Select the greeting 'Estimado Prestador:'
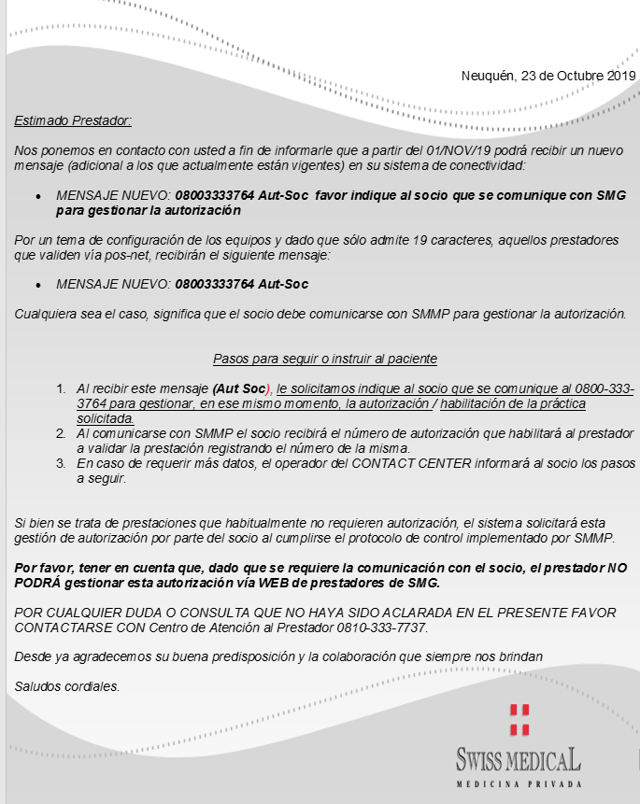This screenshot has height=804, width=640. click(73, 120)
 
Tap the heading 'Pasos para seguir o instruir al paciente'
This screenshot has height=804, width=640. click(325, 359)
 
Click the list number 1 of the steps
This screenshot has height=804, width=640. click(60, 388)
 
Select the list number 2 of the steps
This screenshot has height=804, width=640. click(60, 434)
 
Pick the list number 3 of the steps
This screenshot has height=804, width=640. click(60, 463)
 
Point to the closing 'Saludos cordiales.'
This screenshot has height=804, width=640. click(67, 687)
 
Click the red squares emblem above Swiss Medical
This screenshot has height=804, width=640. click(519, 719)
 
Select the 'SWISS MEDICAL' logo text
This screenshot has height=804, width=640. click(519, 758)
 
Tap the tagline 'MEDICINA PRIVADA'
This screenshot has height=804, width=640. click(519, 784)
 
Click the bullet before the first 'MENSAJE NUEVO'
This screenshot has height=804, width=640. click(37, 197)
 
